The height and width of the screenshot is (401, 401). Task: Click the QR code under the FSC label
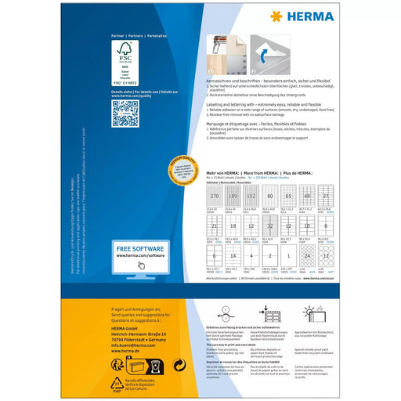pyautogui.click(x=125, y=114)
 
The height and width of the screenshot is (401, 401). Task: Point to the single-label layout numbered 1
pyautogui.click(x=291, y=255)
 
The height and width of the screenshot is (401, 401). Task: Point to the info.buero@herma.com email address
pyautogui.click(x=128, y=322)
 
